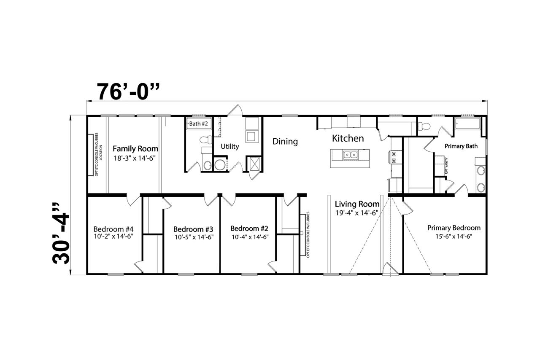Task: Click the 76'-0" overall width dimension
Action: point(128,91)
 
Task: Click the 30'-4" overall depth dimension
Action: point(60,233)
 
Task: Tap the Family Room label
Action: point(135,149)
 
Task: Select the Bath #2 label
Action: point(198,124)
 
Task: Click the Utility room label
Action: point(230,147)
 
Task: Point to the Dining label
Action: point(285,142)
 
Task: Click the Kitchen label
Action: point(348,138)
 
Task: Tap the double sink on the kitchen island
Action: point(350,155)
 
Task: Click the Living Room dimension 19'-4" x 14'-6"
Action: point(357,213)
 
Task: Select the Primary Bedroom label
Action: point(454,228)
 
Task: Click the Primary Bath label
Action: point(461,146)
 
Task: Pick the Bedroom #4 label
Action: point(113,229)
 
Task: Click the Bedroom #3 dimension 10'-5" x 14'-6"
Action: point(194,237)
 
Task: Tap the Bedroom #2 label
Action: point(249,228)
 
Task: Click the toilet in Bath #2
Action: point(206,140)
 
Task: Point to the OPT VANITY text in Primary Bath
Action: point(446,166)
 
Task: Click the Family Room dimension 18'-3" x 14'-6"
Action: point(135,159)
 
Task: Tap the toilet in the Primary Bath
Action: point(424,126)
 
